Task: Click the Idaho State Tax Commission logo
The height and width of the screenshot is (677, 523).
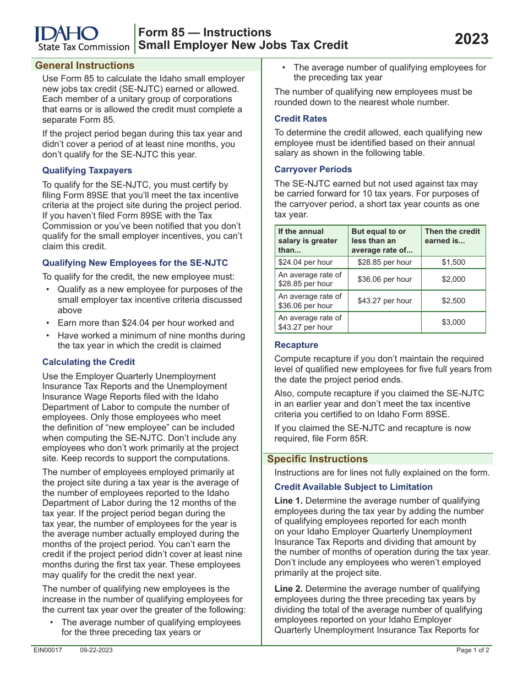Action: pos(81,39)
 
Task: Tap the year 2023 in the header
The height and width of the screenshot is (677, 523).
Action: pos(471,39)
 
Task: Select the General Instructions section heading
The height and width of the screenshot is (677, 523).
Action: pos(85,65)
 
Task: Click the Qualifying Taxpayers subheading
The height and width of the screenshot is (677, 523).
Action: pos(87,171)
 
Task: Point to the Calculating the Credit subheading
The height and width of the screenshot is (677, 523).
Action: pos(89,362)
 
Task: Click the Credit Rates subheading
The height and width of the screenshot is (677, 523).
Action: pos(301,119)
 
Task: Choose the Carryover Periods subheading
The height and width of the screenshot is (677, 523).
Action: pos(313,170)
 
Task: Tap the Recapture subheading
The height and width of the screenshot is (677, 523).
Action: pos(296,345)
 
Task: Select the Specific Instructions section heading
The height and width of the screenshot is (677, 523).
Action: pos(317,459)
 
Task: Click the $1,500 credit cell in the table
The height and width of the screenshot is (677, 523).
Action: pos(453,263)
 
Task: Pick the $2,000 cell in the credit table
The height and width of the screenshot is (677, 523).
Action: pos(453,280)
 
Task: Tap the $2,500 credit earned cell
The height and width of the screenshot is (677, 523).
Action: pos(453,301)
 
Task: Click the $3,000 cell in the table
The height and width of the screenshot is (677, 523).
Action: pos(453,323)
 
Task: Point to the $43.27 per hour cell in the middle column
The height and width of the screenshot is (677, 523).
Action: pos(384,301)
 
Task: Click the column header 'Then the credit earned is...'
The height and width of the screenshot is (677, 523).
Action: pos(452,236)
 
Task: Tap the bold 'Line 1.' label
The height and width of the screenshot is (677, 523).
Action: pos(288,501)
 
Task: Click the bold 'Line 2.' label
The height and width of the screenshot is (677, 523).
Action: pos(288,589)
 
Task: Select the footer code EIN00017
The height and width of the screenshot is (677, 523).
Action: pos(48,651)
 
